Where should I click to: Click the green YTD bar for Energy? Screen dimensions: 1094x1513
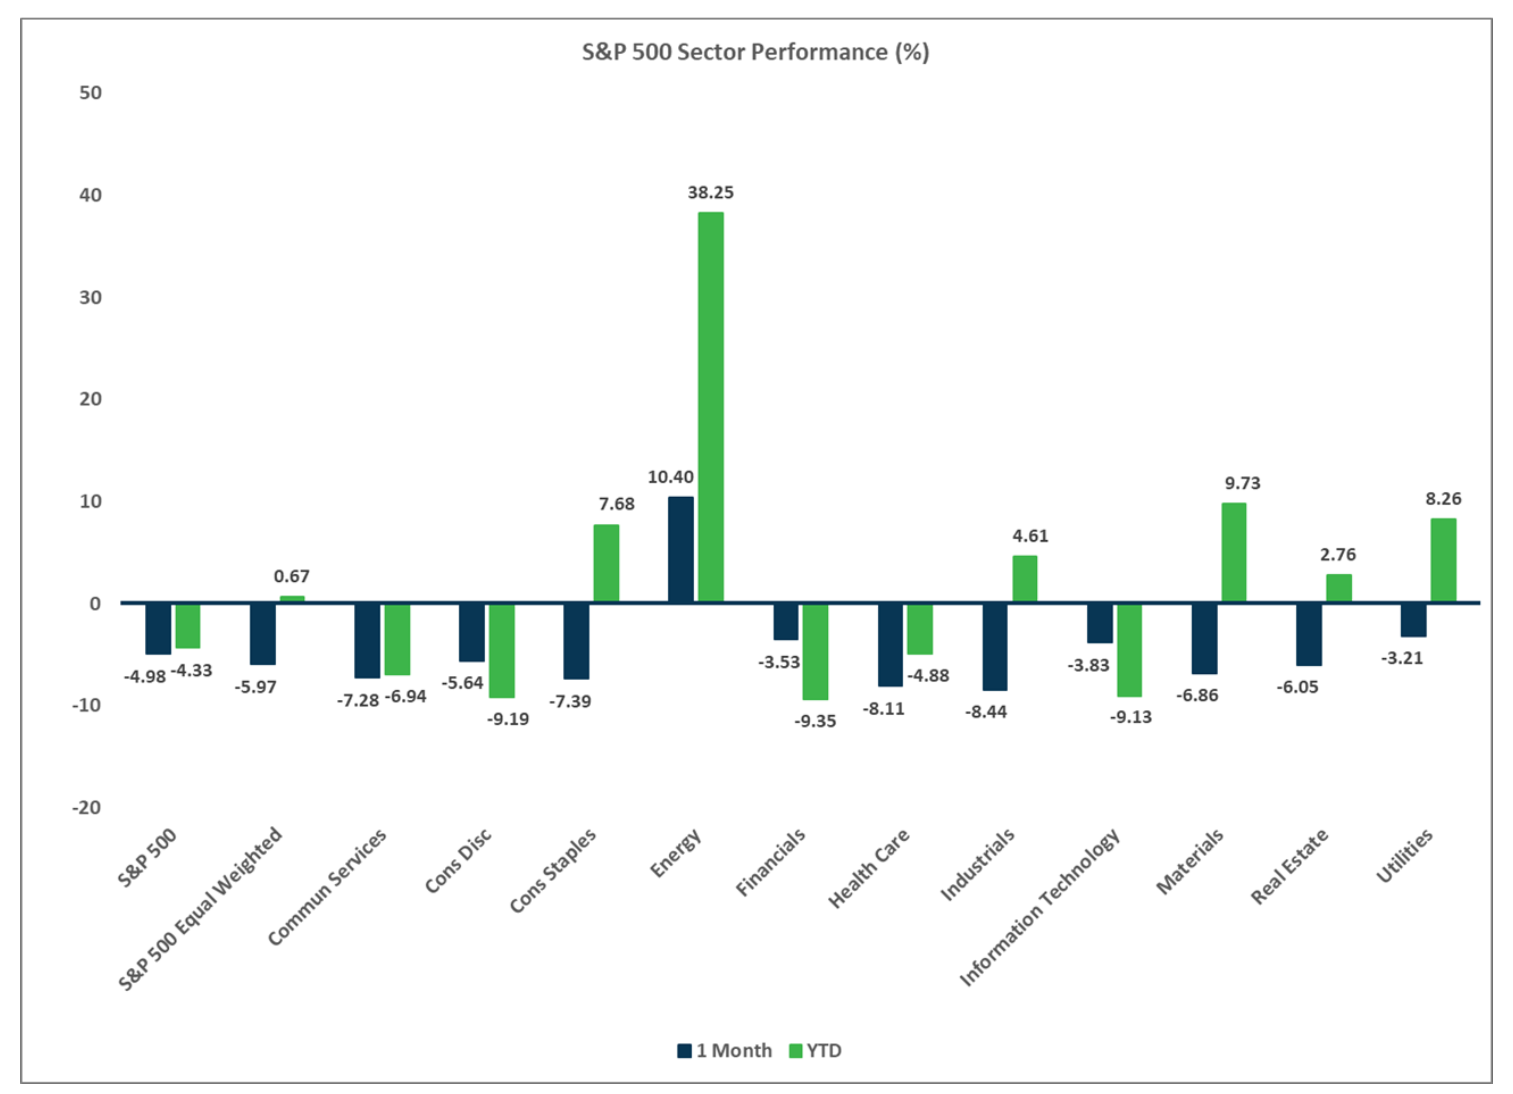click(x=710, y=407)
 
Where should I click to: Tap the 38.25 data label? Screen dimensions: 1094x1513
click(x=710, y=193)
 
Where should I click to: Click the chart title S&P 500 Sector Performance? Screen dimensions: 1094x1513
click(x=755, y=52)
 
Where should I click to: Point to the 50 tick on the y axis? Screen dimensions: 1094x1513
click(x=91, y=93)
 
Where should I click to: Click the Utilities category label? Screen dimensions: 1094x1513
click(x=1404, y=857)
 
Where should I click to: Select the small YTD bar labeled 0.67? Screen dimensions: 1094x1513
click(x=292, y=599)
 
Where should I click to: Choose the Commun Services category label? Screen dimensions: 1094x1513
click(x=327, y=887)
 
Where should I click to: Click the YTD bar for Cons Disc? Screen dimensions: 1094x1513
click(x=502, y=651)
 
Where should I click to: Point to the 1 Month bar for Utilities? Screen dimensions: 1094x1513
click(x=1413, y=620)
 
